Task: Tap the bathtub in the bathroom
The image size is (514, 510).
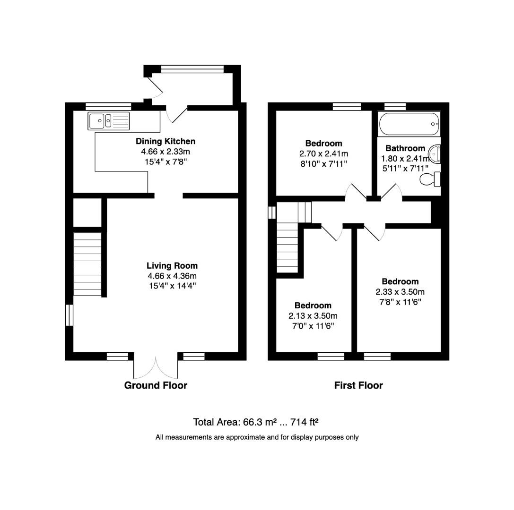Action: click(x=409, y=124)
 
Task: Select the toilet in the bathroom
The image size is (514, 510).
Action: click(x=431, y=179)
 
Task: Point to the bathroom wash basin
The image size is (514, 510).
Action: click(x=435, y=153)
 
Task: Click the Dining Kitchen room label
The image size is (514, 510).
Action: click(x=166, y=141)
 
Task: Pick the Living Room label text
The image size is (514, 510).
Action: click(x=172, y=266)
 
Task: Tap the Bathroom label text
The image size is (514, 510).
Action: click(x=405, y=148)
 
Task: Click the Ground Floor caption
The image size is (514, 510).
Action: click(x=156, y=385)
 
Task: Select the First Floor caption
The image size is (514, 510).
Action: click(x=358, y=385)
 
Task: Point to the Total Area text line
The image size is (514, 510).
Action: click(x=258, y=422)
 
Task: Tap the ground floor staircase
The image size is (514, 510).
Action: click(x=87, y=264)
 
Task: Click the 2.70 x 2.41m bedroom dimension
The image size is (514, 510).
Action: click(x=323, y=154)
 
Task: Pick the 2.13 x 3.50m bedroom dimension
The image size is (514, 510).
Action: click(x=313, y=316)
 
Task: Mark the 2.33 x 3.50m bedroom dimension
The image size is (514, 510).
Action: click(x=400, y=291)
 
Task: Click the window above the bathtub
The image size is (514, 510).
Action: click(x=395, y=106)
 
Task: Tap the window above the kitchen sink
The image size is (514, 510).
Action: click(x=108, y=106)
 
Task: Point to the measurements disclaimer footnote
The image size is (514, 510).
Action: click(x=257, y=437)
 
